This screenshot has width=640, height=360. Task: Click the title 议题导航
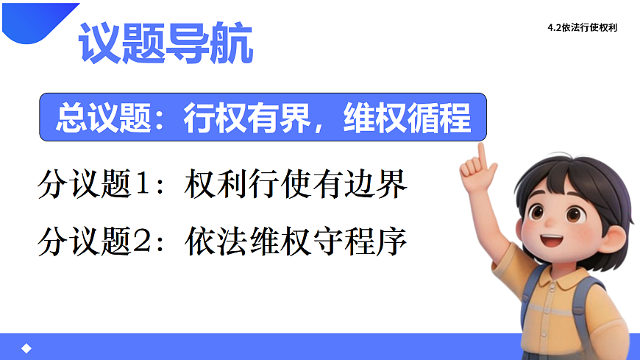[x=166, y=43]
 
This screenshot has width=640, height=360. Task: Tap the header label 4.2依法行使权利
[x=582, y=29]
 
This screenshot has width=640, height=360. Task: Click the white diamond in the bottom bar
[x=26, y=348]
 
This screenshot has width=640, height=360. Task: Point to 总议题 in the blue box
[x=98, y=117]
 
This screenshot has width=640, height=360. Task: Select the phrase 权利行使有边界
[x=296, y=186]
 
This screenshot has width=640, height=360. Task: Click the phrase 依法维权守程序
[x=296, y=240]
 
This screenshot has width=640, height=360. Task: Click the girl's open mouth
[x=554, y=240]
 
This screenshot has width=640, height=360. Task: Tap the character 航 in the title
[x=232, y=43]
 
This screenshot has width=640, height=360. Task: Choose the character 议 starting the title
[x=100, y=43]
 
